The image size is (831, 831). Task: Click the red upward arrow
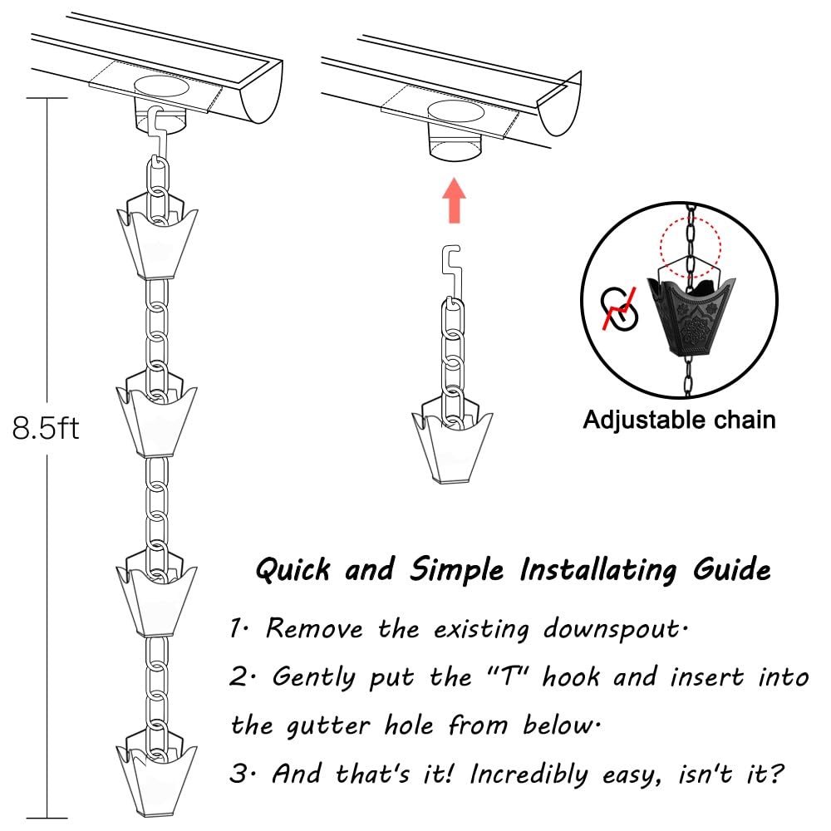click(x=454, y=200)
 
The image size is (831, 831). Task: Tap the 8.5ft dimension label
click(x=46, y=428)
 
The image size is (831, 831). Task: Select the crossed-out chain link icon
click(x=618, y=308)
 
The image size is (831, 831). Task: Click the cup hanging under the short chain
click(x=452, y=443)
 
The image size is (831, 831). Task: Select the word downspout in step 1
click(x=615, y=629)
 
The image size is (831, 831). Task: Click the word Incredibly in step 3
click(x=529, y=774)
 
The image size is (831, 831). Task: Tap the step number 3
click(x=238, y=774)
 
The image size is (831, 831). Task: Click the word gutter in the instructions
click(x=328, y=726)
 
